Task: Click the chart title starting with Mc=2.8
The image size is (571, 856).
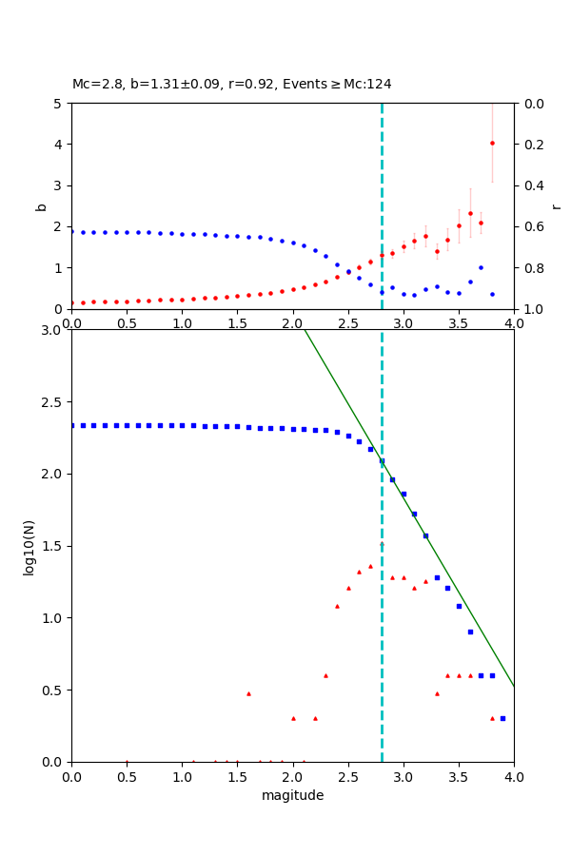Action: (231, 84)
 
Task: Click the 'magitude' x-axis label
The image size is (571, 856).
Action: (292, 795)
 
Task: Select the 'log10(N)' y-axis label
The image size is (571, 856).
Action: (30, 546)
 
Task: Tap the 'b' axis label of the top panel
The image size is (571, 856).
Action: (41, 205)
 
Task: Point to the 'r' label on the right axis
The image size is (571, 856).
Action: (556, 205)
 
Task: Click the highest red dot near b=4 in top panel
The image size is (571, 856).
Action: (492, 143)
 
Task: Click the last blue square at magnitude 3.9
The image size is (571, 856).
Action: (502, 718)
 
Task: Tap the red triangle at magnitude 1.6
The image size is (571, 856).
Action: (248, 693)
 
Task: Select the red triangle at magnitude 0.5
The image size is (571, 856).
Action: (127, 761)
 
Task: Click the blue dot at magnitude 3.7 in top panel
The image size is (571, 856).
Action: (481, 267)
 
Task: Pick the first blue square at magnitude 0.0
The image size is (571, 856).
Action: (72, 425)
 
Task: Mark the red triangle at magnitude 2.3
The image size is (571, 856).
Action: (325, 675)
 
